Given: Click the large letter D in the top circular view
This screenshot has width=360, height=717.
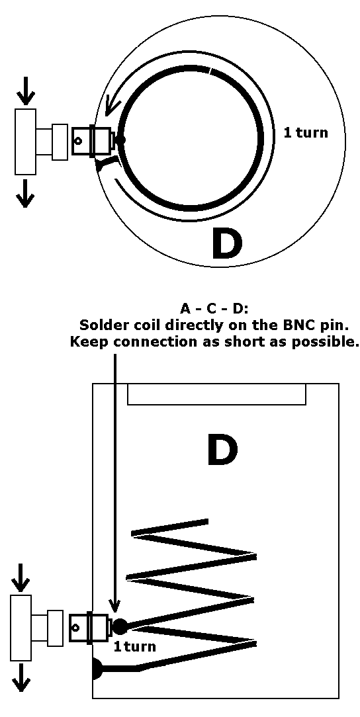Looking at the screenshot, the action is coord(226,243).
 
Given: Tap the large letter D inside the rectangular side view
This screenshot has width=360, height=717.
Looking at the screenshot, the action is coord(222,450).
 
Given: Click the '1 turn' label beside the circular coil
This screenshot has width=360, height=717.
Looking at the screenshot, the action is coord(306,132).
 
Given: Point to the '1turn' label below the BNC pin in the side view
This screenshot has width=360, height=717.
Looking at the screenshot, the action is coord(135,647).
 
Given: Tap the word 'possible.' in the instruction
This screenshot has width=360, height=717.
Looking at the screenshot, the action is coord(328,342).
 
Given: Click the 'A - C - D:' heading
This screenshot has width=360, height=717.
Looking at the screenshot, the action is coord(214,309).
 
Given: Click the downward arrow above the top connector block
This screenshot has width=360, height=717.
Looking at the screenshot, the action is coord(25,90).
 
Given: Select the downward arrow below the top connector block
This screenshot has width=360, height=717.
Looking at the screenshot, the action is coord(25,192).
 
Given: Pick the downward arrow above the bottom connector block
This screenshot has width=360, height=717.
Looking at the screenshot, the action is coord(19,577).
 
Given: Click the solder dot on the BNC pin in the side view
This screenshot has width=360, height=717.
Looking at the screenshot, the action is coord(120,626).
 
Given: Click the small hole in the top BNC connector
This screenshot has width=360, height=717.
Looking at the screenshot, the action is coord(78,141).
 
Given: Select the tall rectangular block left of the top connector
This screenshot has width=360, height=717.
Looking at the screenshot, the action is coord(26,142).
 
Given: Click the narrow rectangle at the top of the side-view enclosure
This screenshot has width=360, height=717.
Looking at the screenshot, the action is coord(216,394).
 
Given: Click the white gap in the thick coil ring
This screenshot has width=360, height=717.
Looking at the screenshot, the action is coord(210,71).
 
